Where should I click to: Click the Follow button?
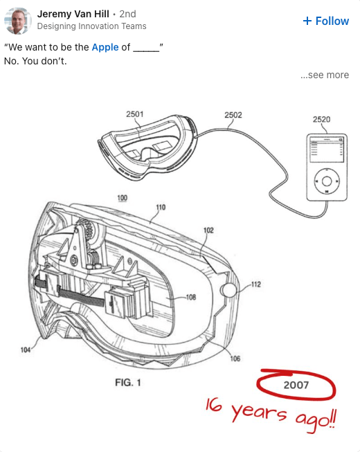[x=326, y=21]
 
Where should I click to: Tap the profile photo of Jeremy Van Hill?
[x=18, y=21]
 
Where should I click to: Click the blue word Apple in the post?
[x=105, y=47]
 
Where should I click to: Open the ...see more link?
[x=325, y=75]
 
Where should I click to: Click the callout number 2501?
[x=134, y=114]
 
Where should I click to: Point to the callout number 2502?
[x=233, y=115]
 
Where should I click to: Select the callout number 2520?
[x=322, y=119]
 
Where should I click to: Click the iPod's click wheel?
[x=327, y=181]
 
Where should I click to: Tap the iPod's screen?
[x=327, y=150]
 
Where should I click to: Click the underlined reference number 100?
[x=123, y=198]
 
